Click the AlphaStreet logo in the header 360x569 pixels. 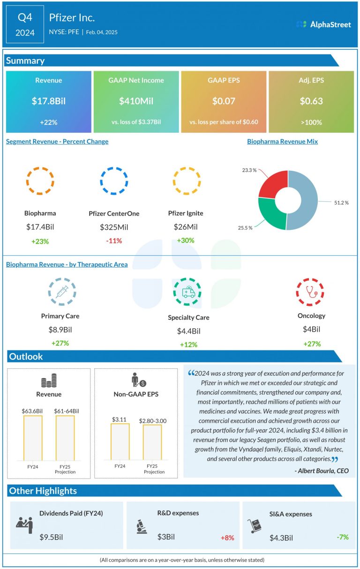323,24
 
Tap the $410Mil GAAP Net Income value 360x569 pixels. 136,101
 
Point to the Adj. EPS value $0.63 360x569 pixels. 311,101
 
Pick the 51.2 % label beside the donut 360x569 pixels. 341,203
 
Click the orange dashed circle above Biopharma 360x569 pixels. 40,181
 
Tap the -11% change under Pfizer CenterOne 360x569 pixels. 114,241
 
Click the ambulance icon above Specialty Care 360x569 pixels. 188,293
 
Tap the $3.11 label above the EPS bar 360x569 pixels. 120,418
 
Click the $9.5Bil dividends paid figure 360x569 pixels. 51,537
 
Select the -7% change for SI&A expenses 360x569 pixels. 343,537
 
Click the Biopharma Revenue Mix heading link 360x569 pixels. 282,141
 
